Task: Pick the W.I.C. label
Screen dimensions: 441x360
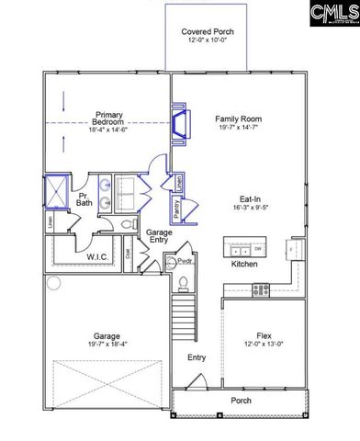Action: pyautogui.click(x=100, y=257)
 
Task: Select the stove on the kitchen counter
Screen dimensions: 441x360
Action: pyautogui.click(x=260, y=288)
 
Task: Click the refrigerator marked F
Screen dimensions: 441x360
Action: pyautogui.click(x=293, y=249)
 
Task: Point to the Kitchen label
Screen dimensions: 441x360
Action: pyautogui.click(x=244, y=265)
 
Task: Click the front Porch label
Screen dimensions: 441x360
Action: pyautogui.click(x=242, y=401)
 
